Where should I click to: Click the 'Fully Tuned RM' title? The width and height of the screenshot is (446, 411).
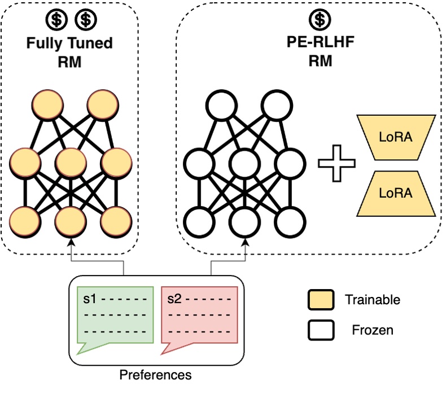click(x=69, y=52)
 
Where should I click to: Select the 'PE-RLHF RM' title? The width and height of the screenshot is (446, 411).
click(x=320, y=52)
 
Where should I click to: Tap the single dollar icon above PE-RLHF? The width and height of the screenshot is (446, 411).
click(x=320, y=20)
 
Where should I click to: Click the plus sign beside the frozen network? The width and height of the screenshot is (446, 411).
click(x=337, y=164)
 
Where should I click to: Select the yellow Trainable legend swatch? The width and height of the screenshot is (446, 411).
click(x=321, y=300)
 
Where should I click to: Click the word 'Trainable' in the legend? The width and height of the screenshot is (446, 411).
click(x=372, y=300)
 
